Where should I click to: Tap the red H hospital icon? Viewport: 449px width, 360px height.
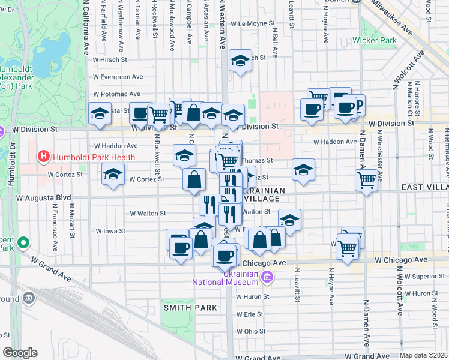click(43, 157)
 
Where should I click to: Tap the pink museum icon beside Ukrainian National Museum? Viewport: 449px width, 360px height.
click(268, 277)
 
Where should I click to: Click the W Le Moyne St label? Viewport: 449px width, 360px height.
click(247, 24)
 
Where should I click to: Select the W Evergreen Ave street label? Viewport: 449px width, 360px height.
click(118, 77)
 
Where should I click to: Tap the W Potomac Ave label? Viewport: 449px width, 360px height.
click(117, 94)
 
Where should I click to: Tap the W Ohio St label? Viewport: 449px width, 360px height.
click(250, 331)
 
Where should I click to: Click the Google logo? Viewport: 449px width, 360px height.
click(20, 353)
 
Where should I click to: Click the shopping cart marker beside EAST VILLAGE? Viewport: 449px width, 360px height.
click(366, 179)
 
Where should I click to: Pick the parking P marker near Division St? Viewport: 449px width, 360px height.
click(358, 105)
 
